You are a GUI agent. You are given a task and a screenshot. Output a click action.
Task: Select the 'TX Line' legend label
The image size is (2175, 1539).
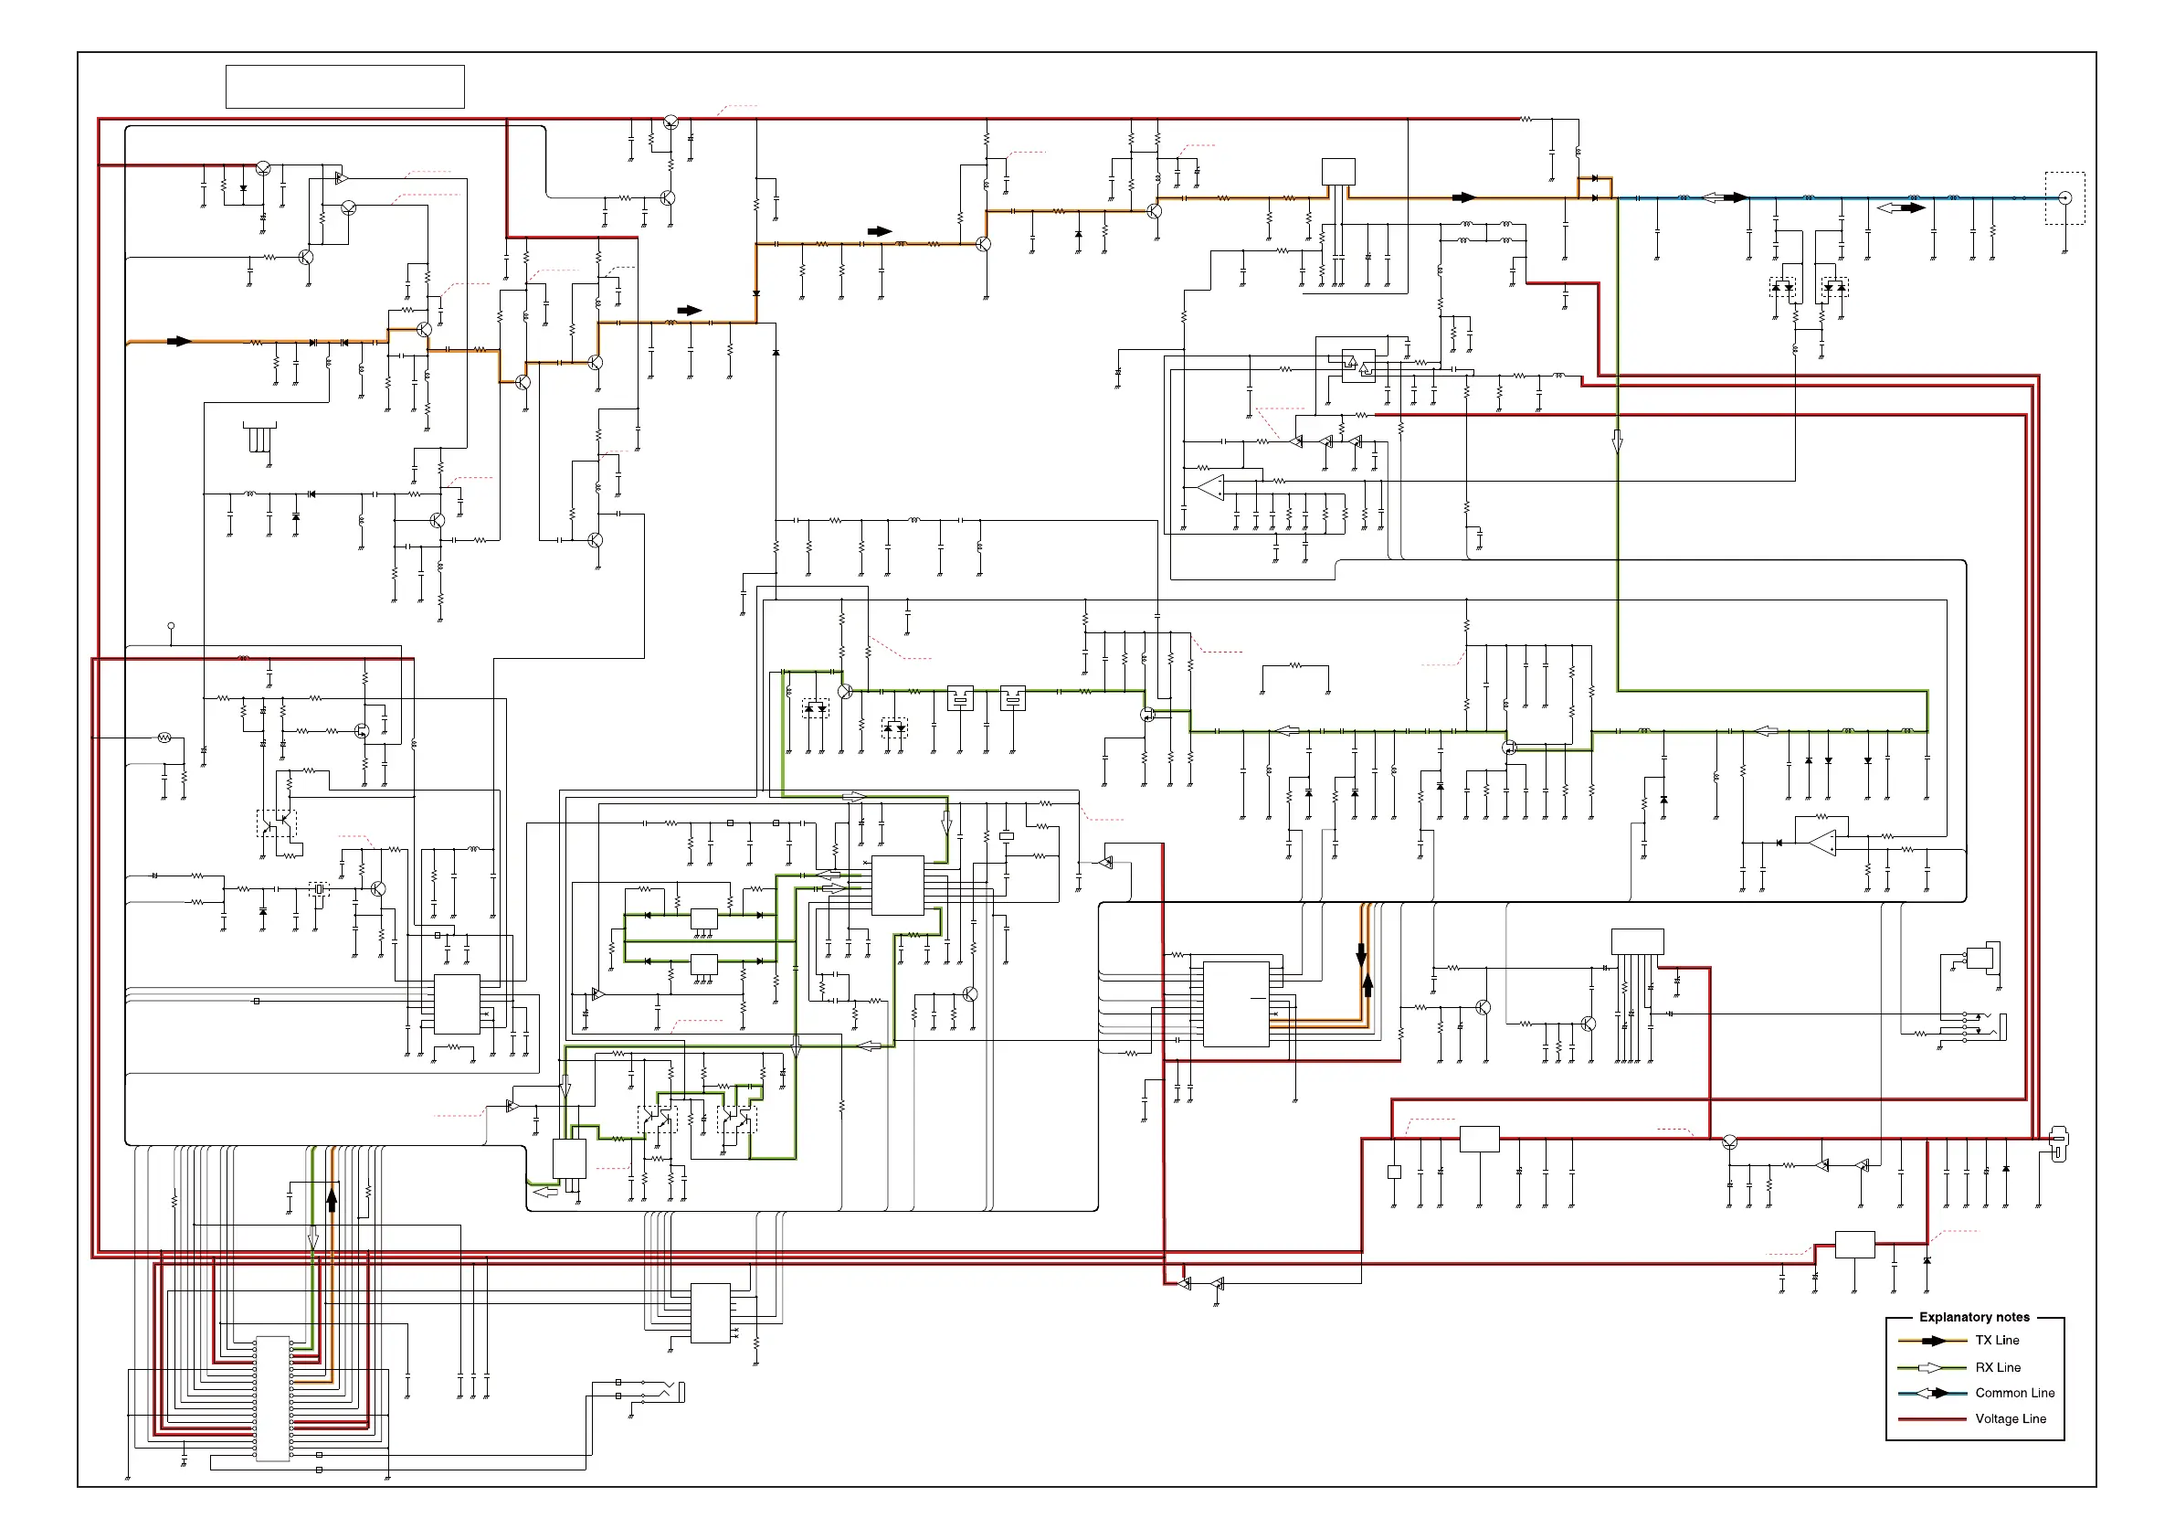[x=1997, y=1340]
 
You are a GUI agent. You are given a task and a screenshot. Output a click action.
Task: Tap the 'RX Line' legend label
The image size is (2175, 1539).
[x=1998, y=1367]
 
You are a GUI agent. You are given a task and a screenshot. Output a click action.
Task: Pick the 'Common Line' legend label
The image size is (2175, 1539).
[x=2014, y=1393]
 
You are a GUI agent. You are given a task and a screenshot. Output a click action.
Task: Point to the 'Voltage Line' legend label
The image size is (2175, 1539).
[x=2011, y=1418]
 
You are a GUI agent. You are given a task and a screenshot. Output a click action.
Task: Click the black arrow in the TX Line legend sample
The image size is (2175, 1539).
[x=1933, y=1341]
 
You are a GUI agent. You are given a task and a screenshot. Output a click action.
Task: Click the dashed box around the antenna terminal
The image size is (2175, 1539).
[x=2064, y=198]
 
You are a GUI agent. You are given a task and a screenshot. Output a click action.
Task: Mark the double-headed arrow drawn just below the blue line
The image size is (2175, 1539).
[x=1900, y=207]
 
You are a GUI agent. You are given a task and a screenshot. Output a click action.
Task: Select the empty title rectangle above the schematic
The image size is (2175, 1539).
[x=344, y=87]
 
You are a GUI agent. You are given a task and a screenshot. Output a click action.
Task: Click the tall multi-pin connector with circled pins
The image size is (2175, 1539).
[x=273, y=1397]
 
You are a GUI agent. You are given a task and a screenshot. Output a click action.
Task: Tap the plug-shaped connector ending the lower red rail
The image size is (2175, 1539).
[x=2057, y=1144]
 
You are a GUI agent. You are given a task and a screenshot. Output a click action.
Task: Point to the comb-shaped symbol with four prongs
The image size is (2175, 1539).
[x=259, y=437]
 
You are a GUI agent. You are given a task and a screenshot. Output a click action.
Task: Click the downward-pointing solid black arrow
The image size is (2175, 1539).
[x=1361, y=953]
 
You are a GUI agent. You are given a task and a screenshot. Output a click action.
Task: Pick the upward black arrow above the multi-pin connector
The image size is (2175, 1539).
[x=332, y=1201]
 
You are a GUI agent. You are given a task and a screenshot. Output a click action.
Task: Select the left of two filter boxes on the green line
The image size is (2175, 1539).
[x=961, y=698]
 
